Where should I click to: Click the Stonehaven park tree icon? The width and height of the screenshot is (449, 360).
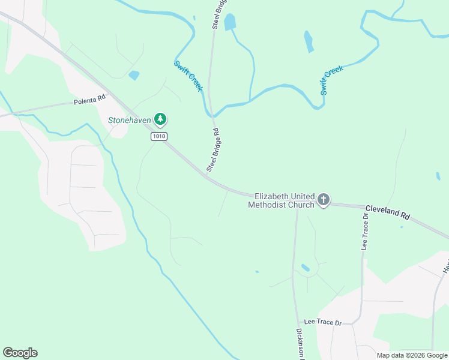(160, 119)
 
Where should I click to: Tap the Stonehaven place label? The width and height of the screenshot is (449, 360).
(130, 120)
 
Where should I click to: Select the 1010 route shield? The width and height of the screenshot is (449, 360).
(159, 137)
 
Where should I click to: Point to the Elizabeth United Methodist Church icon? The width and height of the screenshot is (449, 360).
(324, 199)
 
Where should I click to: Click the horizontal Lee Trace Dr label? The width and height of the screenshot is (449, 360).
(322, 323)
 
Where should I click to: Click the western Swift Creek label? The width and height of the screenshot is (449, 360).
(188, 76)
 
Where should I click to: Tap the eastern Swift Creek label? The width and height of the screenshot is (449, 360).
(331, 80)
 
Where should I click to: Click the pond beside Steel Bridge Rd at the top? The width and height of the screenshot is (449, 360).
(230, 22)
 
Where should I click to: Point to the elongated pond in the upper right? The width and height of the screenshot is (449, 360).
(309, 41)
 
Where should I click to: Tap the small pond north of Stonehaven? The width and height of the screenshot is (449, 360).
(134, 76)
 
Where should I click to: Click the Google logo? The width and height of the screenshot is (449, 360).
(20, 353)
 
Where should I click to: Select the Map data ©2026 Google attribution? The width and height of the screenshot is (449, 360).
(412, 355)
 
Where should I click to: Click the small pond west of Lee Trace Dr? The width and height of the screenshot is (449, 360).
(306, 268)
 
